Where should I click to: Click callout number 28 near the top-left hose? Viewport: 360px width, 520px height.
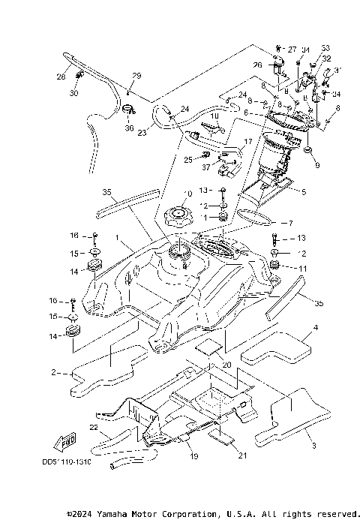point(61,76)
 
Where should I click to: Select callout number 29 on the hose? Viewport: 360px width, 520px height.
point(136,76)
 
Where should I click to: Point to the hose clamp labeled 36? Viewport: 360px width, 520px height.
point(129,114)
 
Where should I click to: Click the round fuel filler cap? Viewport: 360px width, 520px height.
point(179,218)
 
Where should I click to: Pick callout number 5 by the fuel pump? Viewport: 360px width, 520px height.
point(304,191)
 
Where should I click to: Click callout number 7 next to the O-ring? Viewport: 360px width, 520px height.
point(283,224)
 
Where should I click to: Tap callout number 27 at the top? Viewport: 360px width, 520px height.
point(292,47)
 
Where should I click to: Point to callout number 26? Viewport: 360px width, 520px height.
point(257,65)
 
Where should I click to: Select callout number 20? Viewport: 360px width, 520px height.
point(227,364)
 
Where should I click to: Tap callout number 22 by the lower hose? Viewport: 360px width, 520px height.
point(94,427)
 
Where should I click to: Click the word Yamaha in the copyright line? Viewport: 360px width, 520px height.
point(110,513)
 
